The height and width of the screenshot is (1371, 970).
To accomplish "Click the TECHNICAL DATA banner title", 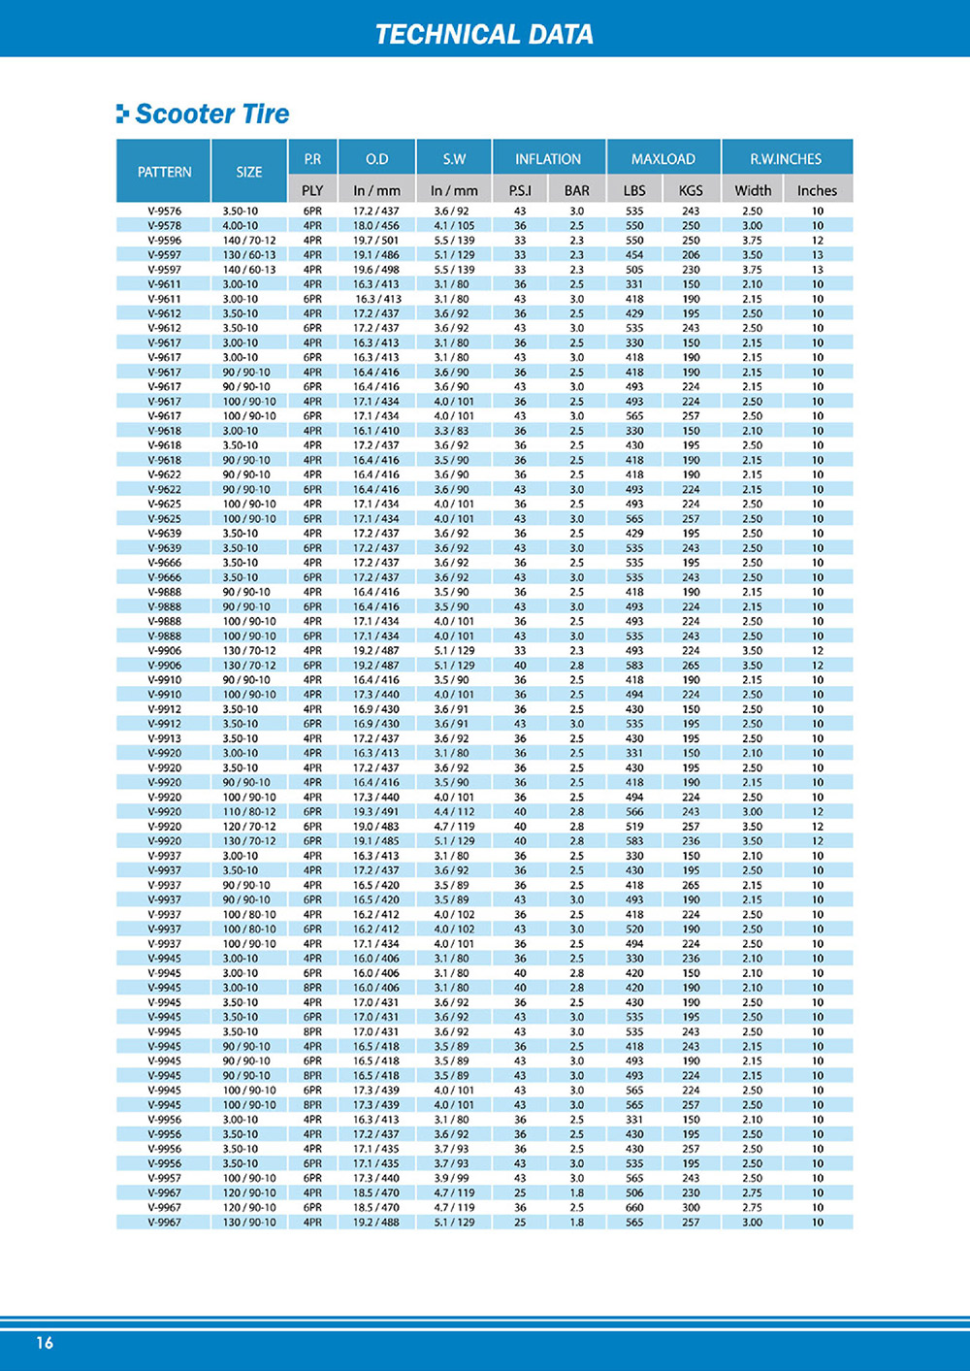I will click(484, 34).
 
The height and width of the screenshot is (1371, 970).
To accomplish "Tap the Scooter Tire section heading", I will click(211, 114).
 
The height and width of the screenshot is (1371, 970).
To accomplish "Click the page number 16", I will click(45, 1343).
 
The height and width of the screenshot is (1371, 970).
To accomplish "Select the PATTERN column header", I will click(164, 172).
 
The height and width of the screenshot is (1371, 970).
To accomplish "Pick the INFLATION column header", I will click(548, 159).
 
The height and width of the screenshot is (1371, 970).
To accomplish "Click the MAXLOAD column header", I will click(663, 159).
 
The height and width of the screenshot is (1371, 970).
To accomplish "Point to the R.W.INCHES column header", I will click(786, 159).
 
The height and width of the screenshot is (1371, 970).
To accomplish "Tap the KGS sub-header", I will click(691, 190).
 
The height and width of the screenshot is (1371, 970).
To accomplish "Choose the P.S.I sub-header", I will click(520, 190).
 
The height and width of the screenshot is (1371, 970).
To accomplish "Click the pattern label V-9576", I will click(164, 211).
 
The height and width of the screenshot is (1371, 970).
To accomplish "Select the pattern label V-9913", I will click(164, 738).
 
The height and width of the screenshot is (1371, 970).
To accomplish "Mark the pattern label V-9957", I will click(164, 1178).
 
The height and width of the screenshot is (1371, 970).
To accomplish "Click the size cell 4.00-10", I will click(241, 225).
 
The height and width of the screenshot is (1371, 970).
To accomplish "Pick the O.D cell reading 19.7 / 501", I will click(376, 240).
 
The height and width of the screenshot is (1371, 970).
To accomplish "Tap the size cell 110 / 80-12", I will click(249, 811).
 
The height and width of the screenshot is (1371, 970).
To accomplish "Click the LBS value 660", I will click(634, 1207).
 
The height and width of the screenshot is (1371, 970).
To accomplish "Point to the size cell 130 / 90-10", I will click(249, 1222).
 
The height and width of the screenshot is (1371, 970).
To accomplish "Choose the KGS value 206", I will click(691, 254).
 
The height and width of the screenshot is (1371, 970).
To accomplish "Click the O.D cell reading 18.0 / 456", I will click(376, 225).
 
